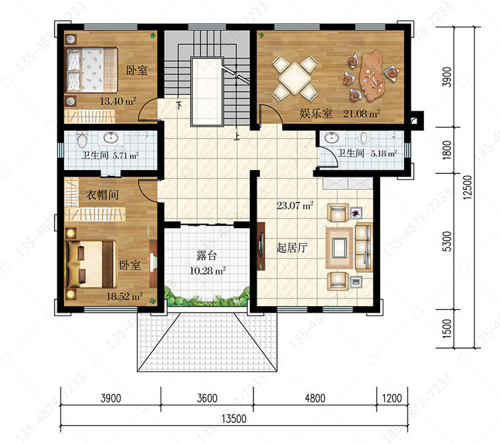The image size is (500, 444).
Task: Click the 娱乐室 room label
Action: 316,113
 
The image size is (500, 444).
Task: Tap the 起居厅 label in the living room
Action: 292,247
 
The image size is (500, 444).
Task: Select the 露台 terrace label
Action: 207,255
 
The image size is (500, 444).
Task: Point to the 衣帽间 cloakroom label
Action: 102,194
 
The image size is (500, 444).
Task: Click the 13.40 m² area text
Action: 118,101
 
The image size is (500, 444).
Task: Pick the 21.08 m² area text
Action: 361,113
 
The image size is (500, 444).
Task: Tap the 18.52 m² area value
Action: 125,296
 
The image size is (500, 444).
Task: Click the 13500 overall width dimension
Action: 234,419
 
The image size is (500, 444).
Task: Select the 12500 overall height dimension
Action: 467,187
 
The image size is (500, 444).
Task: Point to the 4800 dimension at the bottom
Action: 315,398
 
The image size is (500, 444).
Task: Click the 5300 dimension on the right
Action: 448,241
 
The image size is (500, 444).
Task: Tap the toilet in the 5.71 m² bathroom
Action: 82,140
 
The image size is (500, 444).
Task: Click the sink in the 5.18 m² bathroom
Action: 331,138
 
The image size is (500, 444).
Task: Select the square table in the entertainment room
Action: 295,78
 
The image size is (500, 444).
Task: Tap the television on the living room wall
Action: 262,245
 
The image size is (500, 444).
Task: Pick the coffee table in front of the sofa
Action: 339,248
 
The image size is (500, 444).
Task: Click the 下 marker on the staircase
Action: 179,105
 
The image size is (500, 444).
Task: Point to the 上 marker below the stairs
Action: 237,137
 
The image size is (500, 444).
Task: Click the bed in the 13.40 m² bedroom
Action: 92,70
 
